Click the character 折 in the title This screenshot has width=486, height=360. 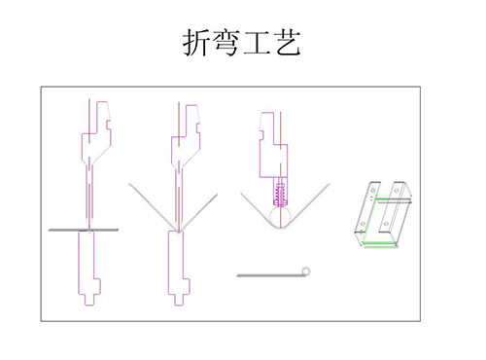(x=196, y=43)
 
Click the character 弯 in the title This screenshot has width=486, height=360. (x=226, y=43)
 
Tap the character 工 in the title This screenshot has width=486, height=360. (x=257, y=44)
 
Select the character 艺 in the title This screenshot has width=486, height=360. (x=287, y=43)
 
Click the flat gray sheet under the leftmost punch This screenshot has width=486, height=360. (x=84, y=230)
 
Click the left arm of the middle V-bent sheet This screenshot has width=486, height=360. (x=153, y=207)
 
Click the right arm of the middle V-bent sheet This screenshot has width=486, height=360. (x=198, y=212)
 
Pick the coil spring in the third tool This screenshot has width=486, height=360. (x=280, y=194)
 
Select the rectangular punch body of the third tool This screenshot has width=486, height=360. (x=273, y=145)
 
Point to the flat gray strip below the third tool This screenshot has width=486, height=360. (x=269, y=275)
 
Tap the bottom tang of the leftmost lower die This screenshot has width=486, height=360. (x=89, y=300)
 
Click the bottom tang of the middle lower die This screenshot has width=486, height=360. (x=178, y=300)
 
